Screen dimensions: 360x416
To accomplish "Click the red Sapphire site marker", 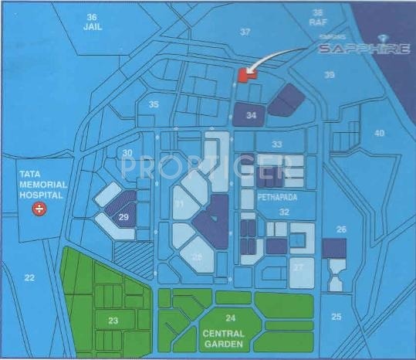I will tap(245, 73).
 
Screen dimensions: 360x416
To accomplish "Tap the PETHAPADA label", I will tap(279, 197).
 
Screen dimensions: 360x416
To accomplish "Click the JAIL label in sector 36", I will tap(93, 25).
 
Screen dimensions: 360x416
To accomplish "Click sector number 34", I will tap(250, 114).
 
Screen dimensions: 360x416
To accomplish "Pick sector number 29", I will tap(123, 218).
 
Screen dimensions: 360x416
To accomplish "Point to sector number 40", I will tap(379, 133).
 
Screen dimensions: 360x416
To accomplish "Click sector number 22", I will tap(29, 277).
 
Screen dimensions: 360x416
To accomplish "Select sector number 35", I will tap(154, 104).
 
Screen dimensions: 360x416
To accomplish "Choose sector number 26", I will tap(341, 229).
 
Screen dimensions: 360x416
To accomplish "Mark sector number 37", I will tap(245, 32).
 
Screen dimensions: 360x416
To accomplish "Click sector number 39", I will tap(330, 75).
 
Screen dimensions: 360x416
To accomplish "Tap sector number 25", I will tap(336, 316).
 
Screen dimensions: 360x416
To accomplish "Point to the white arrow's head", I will tap(249, 70).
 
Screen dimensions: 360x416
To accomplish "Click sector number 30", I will tap(127, 153).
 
